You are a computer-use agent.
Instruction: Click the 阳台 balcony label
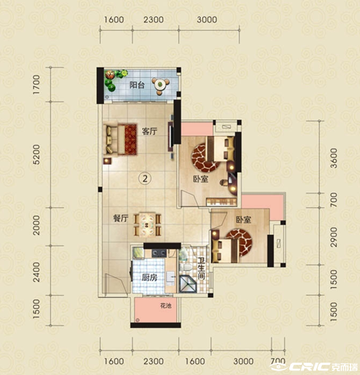(137, 85)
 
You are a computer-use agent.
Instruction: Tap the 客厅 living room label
(149, 132)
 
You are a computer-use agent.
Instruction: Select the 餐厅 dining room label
(121, 219)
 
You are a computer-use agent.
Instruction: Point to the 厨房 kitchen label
(149, 277)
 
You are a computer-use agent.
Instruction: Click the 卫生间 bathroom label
(202, 269)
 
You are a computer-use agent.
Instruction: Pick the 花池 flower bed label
(165, 306)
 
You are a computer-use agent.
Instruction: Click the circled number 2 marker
(145, 179)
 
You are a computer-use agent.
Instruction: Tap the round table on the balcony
(161, 84)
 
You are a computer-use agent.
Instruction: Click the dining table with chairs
(147, 224)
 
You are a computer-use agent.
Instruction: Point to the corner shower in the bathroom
(188, 284)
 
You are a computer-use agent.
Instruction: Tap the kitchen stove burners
(159, 253)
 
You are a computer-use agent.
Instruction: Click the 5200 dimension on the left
(36, 155)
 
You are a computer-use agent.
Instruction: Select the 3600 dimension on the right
(334, 158)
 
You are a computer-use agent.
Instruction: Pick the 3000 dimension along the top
(207, 19)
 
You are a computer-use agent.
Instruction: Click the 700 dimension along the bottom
(278, 361)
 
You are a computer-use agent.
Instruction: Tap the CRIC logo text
(309, 367)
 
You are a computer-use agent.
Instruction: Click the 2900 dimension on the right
(334, 237)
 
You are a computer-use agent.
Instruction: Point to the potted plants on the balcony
(115, 79)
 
